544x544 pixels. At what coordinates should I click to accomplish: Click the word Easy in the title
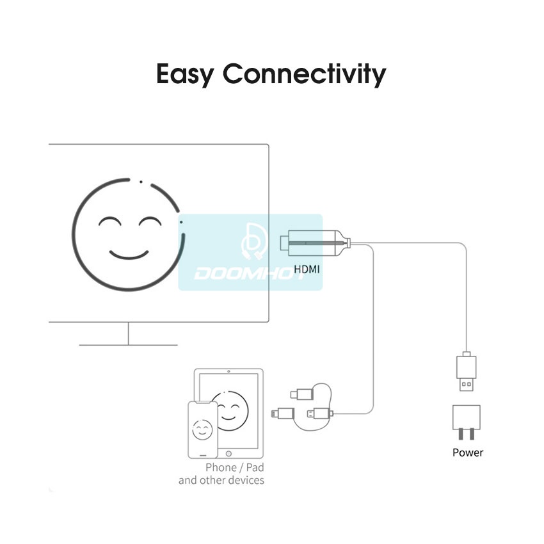point(185,75)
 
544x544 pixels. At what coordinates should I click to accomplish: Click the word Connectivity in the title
point(305,75)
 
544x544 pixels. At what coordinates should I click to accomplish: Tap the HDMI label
point(307,269)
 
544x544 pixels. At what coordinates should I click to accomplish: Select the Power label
point(468,452)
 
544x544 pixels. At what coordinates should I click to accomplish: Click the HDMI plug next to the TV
point(316,243)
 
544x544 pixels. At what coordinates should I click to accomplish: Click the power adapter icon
point(466,422)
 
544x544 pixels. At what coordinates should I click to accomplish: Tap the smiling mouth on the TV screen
point(129,254)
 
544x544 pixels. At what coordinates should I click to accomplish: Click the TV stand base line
point(128,345)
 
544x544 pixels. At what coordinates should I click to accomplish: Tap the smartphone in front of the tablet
point(202,429)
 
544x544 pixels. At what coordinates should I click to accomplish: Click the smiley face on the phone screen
point(203,429)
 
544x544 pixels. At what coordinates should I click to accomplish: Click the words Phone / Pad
point(234,467)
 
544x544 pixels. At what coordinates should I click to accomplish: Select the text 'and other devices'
point(221,480)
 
